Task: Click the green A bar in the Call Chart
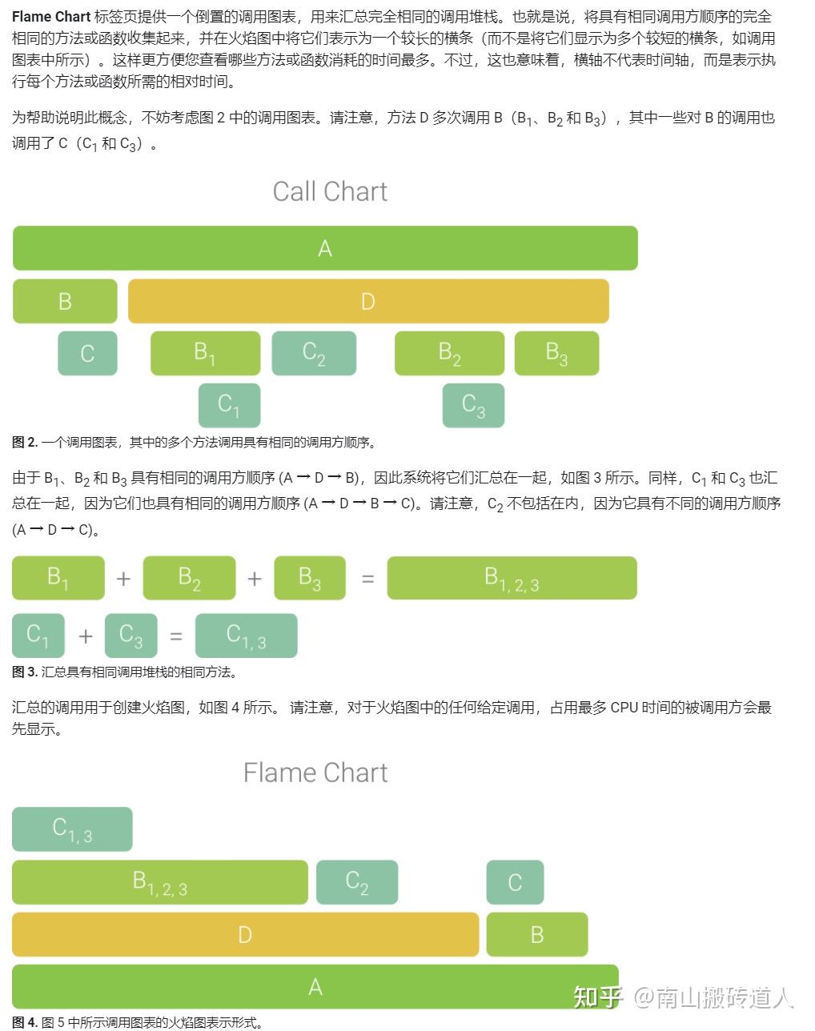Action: point(325,248)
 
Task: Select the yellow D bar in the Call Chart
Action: point(368,301)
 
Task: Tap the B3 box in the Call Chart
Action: point(556,353)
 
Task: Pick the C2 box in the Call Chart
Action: point(314,353)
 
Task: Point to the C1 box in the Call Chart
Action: point(229,405)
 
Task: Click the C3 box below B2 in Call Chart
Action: point(473,405)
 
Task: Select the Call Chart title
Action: point(330,191)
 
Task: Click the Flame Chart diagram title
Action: point(315,772)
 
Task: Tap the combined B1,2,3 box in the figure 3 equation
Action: point(512,578)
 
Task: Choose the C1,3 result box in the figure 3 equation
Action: point(246,636)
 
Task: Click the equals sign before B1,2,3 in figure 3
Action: point(367,578)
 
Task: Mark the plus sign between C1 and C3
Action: point(86,636)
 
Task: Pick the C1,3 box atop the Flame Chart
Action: point(72,829)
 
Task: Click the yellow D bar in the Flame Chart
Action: point(245,934)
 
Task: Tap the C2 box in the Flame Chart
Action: point(357,882)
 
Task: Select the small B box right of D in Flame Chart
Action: point(536,934)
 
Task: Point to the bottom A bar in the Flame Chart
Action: point(315,986)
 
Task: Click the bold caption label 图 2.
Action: point(25,442)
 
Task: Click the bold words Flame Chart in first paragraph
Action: point(50,17)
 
